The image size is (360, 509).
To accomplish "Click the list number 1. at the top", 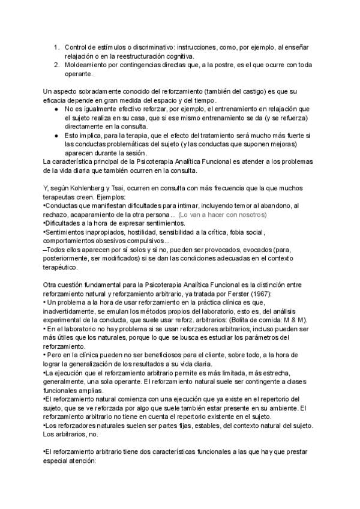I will coord(56,47).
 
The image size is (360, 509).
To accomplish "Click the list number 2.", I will coord(56,65).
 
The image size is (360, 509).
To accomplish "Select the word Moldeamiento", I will coord(89,65).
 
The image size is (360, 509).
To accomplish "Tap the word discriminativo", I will coord(149,47).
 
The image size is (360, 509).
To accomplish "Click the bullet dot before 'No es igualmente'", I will coord(56,109).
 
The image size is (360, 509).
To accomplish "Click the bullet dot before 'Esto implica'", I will coord(56,136).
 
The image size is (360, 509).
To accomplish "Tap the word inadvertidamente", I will coord(72,313).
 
